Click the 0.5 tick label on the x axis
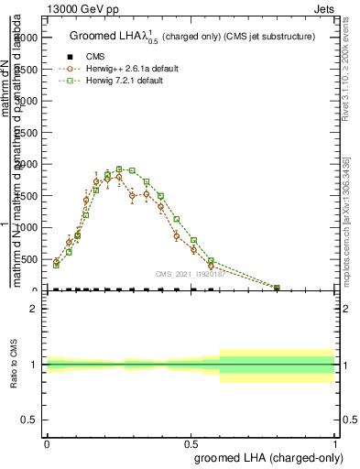tap(191, 444)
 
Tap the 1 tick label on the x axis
tap(335, 444)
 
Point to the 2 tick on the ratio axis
tap(34, 309)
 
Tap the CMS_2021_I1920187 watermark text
tap(189, 273)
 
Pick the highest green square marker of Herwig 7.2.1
tap(119, 169)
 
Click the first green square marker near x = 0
tap(56, 265)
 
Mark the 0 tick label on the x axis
tap(47, 444)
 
